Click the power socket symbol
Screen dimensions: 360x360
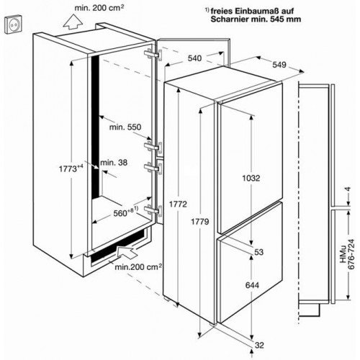coord(13,24)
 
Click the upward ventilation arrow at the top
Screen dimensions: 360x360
coord(73,22)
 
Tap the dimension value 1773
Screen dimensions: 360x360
coord(68,168)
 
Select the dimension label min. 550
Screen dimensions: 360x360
coord(125,127)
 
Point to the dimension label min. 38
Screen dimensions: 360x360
coord(114,163)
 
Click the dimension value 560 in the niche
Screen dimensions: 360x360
coord(120,213)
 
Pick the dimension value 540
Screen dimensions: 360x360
coord(194,58)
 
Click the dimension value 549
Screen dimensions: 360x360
coord(279,64)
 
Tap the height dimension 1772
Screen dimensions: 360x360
coord(178,204)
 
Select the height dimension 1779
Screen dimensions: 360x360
coord(200,222)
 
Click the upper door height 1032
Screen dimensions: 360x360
coord(251,178)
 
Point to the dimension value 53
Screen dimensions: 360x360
coord(259,252)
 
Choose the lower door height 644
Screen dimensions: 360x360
coord(252,285)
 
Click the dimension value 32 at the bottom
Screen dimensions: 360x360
coord(259,345)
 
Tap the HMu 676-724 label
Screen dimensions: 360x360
coord(347,254)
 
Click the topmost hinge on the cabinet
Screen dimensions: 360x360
coord(153,55)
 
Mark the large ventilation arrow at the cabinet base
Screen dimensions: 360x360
coord(127,252)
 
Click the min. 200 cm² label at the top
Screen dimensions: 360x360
coord(99,8)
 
